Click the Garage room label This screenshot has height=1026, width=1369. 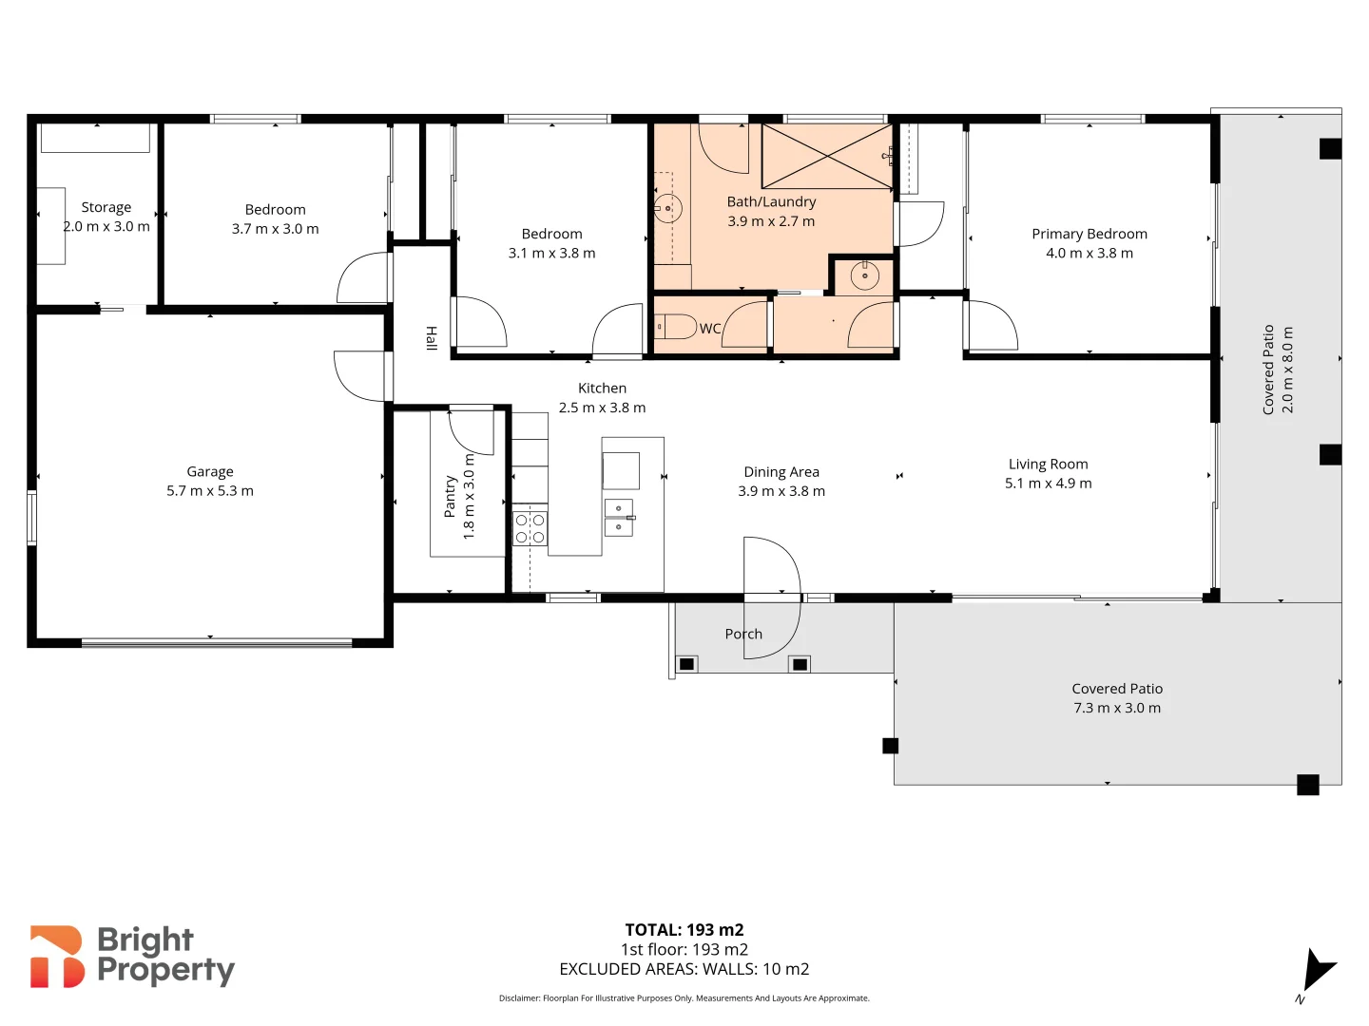coord(209,471)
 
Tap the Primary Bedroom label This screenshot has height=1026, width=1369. coord(1089,234)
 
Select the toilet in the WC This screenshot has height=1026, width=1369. coord(675,326)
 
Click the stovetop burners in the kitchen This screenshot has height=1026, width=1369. coord(530,528)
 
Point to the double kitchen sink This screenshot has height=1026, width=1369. coord(619,518)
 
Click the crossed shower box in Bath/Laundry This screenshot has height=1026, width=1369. coord(827,157)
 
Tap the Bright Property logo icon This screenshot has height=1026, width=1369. coord(56,957)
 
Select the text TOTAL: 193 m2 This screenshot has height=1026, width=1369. coord(684,930)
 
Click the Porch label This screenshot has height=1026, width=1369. coord(743,634)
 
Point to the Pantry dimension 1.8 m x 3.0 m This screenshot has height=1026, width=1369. coord(469,497)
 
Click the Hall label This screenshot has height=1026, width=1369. coord(431,338)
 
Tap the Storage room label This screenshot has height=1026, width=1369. coord(106,207)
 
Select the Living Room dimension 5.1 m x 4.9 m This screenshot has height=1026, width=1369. coord(1048,483)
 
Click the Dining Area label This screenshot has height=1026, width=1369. coord(781,471)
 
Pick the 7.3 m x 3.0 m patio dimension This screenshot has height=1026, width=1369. coord(1116,708)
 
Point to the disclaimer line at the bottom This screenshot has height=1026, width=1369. coord(684,997)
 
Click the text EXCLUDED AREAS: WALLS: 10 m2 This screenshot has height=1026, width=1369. coord(684,969)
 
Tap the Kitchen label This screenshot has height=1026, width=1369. coord(602,389)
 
